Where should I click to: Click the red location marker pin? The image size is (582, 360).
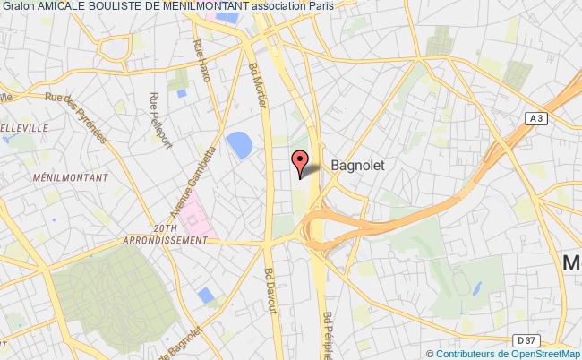click(300, 162)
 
